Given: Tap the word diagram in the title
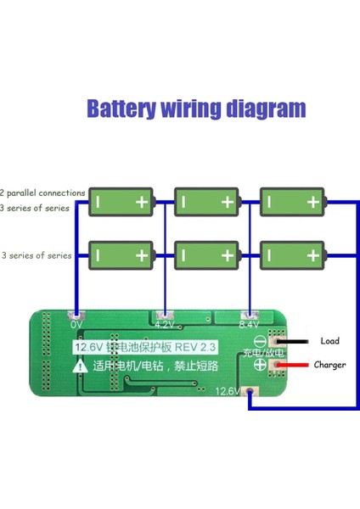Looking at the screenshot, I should tap(265, 109).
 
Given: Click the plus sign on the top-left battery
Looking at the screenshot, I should tap(141, 202).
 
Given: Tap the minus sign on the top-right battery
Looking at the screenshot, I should tap(268, 202).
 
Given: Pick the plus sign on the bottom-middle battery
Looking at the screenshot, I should tap(227, 255).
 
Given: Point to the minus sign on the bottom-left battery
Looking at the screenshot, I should tap(98, 255).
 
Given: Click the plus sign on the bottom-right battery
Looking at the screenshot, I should tap(312, 255).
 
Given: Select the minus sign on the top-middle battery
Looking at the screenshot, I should tap(183, 202).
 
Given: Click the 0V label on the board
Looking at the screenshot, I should tap(76, 324).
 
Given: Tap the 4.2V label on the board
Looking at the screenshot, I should tap(165, 324).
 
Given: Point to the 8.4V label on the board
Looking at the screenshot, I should tap(249, 324).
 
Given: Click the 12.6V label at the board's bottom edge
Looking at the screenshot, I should tap(228, 391).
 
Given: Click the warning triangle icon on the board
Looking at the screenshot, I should tap(79, 366).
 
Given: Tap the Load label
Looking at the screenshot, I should tap(329, 341).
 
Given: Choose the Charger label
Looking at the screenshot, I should tap(329, 365).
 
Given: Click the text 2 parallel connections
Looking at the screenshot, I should tap(42, 193).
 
